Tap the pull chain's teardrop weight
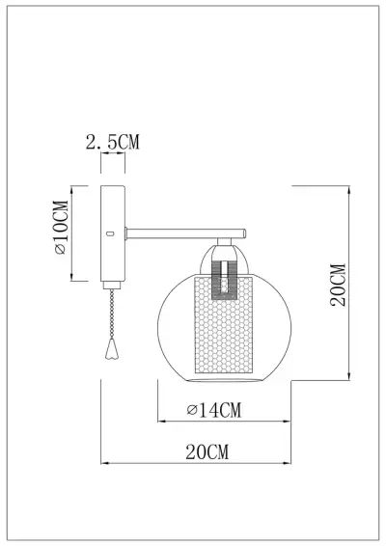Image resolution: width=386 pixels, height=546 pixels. [114, 344]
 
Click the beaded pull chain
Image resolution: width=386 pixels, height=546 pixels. [118, 314]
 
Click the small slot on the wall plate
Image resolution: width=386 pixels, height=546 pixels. [110, 232]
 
